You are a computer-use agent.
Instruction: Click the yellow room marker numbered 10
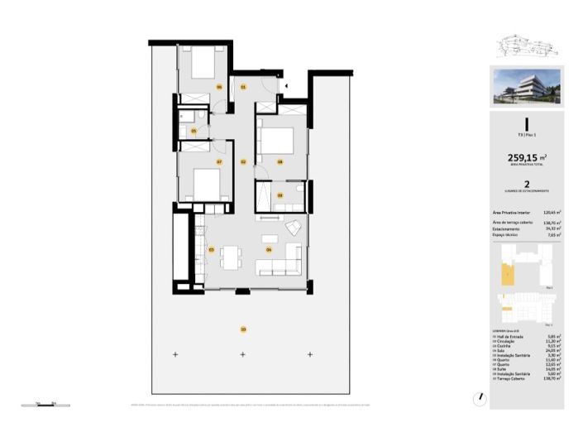[242, 330]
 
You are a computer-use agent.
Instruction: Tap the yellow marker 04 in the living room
[269, 248]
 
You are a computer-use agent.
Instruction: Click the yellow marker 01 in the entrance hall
[243, 86]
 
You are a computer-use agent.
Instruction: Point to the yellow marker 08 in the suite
[280, 162]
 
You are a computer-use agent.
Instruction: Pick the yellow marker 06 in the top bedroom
[219, 86]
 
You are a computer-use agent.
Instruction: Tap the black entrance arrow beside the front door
[285, 84]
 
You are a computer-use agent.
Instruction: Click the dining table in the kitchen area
[232, 255]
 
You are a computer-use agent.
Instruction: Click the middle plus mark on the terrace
[242, 355]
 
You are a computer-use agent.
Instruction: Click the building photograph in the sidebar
[527, 87]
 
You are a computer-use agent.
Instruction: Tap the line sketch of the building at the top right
[527, 47]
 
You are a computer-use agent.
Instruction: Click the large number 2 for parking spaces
[527, 187]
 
